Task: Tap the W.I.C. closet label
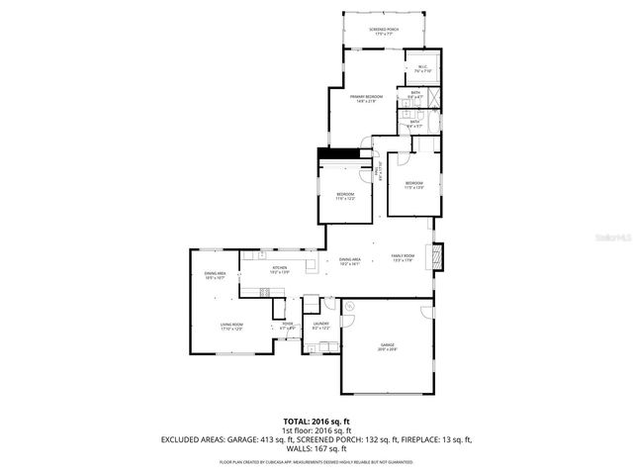pyautogui.click(x=420, y=69)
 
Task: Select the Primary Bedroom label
pyautogui.click(x=367, y=98)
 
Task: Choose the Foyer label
pyautogui.click(x=287, y=325)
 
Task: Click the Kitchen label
pyautogui.click(x=280, y=269)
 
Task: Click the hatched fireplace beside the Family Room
pyautogui.click(x=440, y=255)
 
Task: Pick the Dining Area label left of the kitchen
pyautogui.click(x=215, y=275)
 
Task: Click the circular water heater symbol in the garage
pyautogui.click(x=350, y=308)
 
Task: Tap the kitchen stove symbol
pyautogui.click(x=264, y=291)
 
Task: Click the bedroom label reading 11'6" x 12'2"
pyautogui.click(x=345, y=197)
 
